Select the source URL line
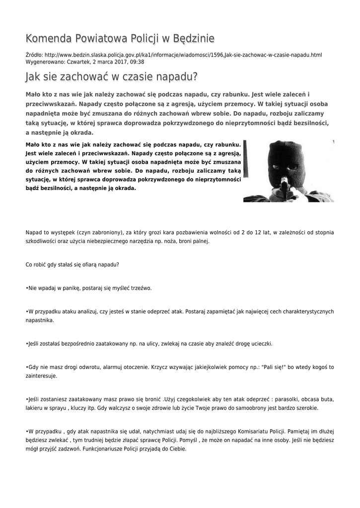tap(174, 55)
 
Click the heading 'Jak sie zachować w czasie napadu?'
tap(111, 77)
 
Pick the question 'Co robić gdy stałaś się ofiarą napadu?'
tap(72, 264)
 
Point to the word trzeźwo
tap(141, 288)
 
